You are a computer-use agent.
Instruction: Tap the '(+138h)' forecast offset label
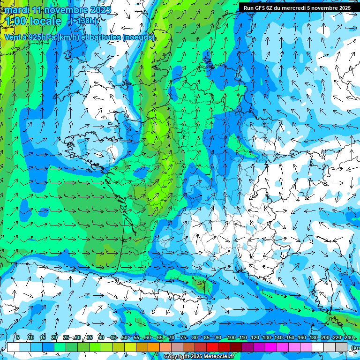pyautogui.click(x=84, y=21)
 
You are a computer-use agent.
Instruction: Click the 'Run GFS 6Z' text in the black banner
pyautogui.click(x=258, y=8)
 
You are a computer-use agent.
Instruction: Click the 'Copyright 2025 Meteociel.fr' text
pyautogui.click(x=199, y=357)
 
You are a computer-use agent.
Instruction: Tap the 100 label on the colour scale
pyautogui.click(x=231, y=338)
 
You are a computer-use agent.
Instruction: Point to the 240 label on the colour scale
pyautogui.click(x=348, y=338)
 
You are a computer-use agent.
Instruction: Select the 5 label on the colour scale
pyautogui.click(x=17, y=338)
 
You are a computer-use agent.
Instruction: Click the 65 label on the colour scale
pyautogui.click(x=160, y=338)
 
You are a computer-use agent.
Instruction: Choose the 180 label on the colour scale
pyautogui.click(x=313, y=338)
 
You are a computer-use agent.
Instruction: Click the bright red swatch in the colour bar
pyautogui.click(x=212, y=347)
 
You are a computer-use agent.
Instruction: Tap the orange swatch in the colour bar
pyautogui.click(x=154, y=347)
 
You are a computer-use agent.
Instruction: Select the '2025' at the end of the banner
pyautogui.click(x=344, y=8)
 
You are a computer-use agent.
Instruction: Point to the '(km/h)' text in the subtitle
pyautogui.click(x=68, y=37)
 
